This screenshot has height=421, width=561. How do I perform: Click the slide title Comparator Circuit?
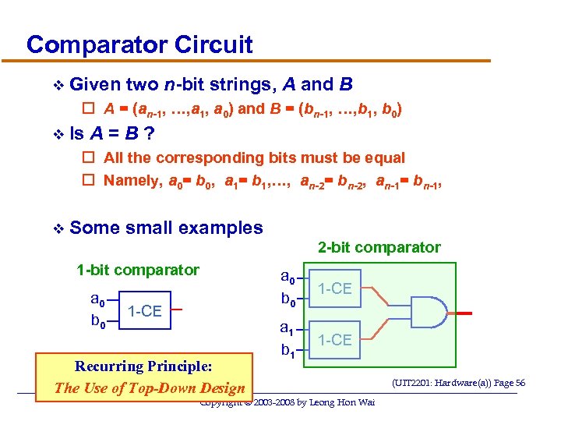point(139,44)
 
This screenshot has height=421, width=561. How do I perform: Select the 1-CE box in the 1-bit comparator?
point(144,311)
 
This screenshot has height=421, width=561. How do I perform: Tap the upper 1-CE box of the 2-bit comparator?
point(335,288)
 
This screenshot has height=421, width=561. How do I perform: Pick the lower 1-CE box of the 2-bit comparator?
point(335,340)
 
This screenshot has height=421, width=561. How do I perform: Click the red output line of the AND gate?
point(464,314)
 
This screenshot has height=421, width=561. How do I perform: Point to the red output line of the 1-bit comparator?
point(177,310)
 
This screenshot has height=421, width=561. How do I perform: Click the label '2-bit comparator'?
point(379,247)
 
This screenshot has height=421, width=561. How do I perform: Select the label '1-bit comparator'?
point(137,270)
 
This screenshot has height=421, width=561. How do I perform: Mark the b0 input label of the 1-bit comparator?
point(97,320)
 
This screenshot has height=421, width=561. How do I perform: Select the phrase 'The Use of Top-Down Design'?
point(149,387)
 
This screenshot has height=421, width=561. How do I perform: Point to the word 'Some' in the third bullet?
point(93,228)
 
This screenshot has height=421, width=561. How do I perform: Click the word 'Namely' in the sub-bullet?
point(131,181)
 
